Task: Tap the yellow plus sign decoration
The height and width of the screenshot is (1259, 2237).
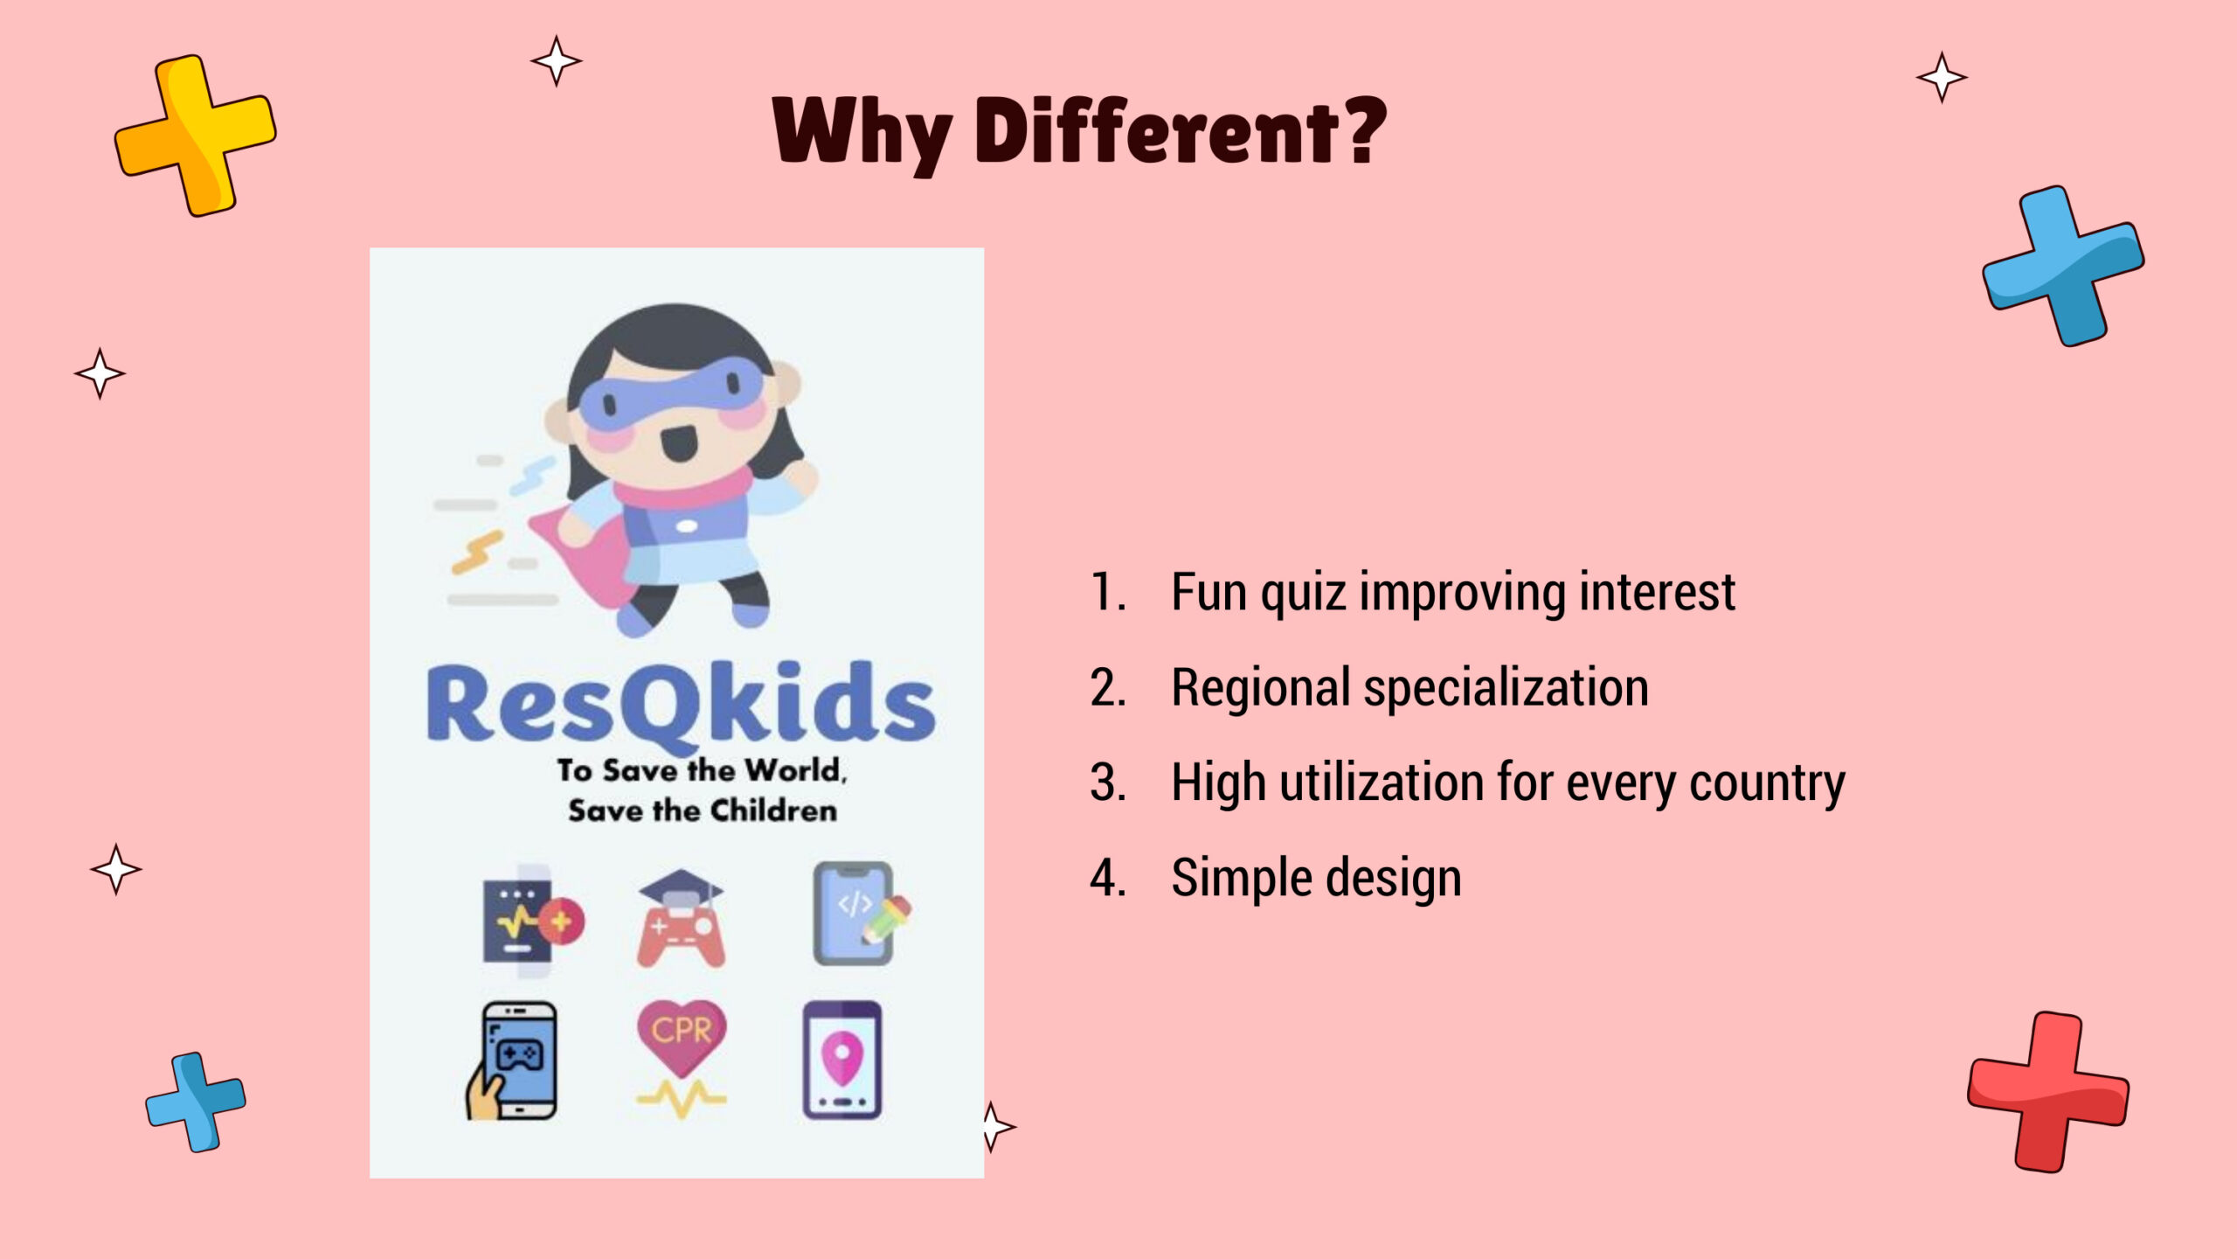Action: click(196, 136)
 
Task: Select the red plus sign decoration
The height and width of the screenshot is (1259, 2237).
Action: click(2047, 1092)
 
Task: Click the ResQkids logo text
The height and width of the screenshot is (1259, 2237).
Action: click(681, 706)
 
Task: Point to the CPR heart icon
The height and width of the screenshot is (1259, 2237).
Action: click(682, 1059)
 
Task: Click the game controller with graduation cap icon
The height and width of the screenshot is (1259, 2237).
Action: click(681, 918)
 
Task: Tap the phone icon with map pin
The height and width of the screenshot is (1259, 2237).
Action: click(842, 1060)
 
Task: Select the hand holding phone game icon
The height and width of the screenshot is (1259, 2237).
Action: click(511, 1060)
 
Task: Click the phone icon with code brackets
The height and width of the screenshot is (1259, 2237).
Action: click(861, 914)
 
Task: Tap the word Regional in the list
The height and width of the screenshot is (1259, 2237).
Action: click(1260, 689)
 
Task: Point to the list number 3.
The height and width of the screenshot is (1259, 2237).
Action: click(1108, 783)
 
